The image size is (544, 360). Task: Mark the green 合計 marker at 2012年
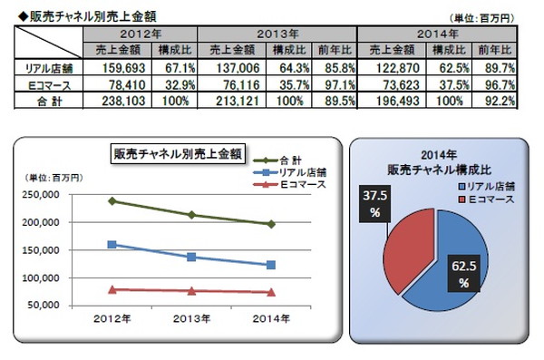pyautogui.click(x=111, y=200)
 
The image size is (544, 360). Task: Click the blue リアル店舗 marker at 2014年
pyautogui.click(x=269, y=265)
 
